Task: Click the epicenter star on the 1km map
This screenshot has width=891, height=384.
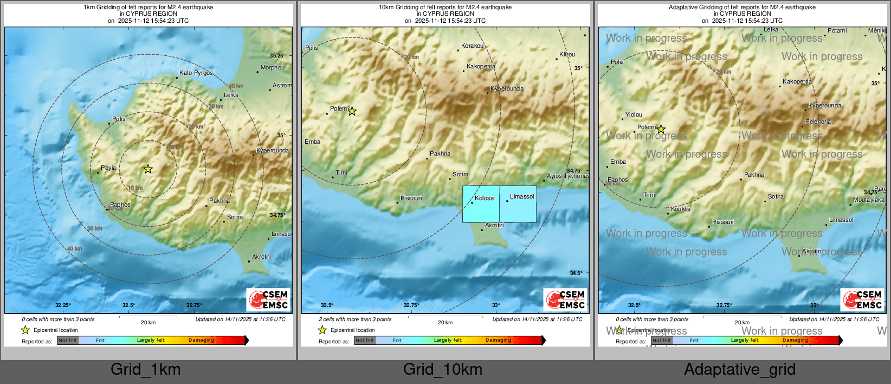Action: click(148, 169)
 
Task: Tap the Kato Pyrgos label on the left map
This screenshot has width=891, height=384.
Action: click(196, 73)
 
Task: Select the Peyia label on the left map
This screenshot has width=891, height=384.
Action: click(108, 168)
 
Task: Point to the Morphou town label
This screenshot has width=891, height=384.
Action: click(272, 68)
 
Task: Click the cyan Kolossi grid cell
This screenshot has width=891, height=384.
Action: click(481, 204)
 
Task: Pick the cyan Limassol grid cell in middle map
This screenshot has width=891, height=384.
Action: click(518, 204)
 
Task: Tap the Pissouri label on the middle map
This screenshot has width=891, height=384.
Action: click(411, 198)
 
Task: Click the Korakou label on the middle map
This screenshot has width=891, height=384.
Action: click(472, 46)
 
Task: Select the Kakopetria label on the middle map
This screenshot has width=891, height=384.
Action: click(481, 66)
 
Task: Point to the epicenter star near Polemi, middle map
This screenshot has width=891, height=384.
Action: click(352, 111)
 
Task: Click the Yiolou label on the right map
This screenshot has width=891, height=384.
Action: click(634, 114)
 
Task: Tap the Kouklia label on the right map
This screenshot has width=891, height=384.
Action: click(681, 209)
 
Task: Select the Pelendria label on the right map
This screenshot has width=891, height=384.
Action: click(818, 122)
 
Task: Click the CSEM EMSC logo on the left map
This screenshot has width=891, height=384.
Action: click(269, 300)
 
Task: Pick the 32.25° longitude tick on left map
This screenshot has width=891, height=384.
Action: click(63, 305)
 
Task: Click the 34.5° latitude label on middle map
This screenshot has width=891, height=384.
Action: click(576, 273)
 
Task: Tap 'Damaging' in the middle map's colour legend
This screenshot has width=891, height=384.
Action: click(498, 340)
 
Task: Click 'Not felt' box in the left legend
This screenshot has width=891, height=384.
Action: click(68, 340)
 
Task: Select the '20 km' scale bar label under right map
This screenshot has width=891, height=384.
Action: click(742, 322)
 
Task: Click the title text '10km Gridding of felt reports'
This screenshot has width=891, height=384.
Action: click(445, 7)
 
